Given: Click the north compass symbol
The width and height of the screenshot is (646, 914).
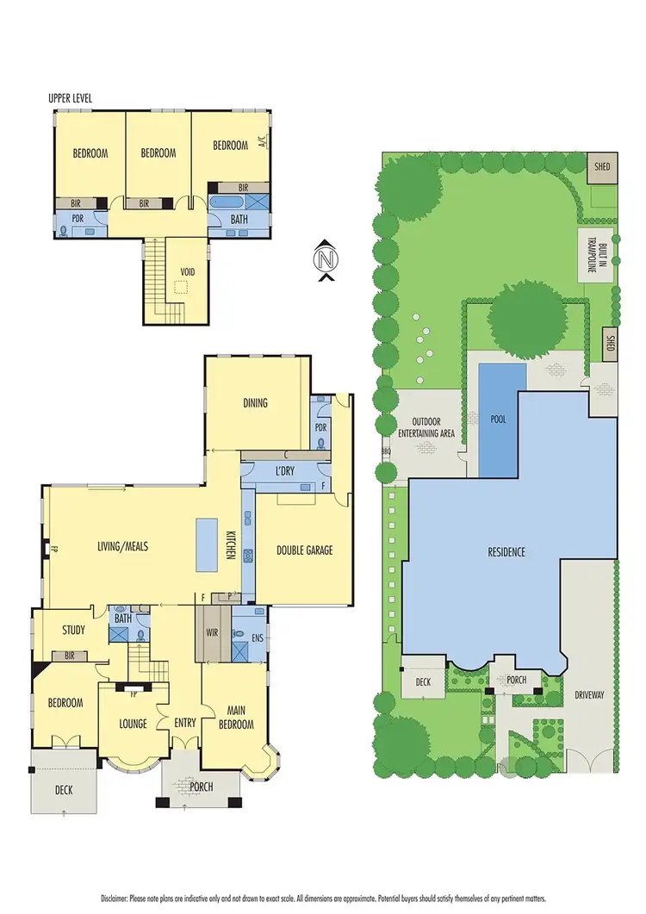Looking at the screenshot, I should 325,259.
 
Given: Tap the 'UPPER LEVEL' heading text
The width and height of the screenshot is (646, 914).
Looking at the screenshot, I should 71,98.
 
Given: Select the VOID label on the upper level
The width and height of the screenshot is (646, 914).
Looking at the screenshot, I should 188,272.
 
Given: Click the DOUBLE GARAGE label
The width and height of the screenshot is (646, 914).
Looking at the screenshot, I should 304,550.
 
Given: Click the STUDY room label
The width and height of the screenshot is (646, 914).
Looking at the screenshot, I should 73,630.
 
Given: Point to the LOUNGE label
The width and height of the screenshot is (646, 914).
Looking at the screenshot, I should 133,724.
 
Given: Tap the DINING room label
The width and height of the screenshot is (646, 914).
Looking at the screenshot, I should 255,402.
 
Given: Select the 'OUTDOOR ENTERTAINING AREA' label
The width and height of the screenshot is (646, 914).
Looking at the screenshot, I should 428,427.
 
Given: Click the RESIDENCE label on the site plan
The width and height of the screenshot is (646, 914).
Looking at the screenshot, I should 507,552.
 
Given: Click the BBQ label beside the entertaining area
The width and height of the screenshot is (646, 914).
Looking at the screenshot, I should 385,450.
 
